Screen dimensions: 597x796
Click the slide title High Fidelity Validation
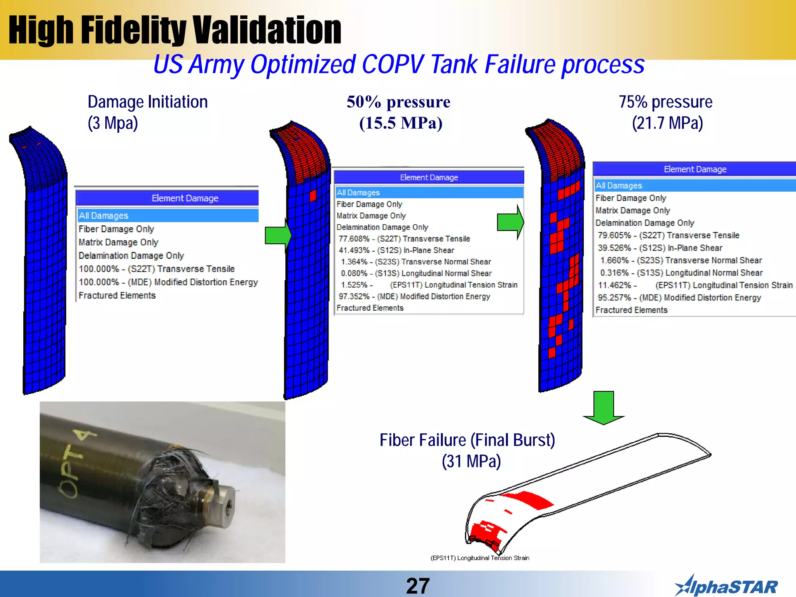pos(175,30)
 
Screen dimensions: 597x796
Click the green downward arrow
pos(604,408)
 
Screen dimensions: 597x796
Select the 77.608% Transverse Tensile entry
pos(404,239)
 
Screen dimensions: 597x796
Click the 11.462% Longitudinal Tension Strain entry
pos(695,285)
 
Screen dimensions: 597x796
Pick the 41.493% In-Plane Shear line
pos(396,250)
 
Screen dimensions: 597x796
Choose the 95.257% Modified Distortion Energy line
pos(679,298)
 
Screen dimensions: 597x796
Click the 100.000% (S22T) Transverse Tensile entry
pos(157,269)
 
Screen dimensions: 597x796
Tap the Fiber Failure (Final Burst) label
pos(467,440)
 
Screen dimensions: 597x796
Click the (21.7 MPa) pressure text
pos(667,123)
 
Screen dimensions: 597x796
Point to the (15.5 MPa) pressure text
pos(401,123)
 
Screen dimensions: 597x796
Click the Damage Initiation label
pos(148,102)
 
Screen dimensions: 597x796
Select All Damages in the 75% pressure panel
pos(619,186)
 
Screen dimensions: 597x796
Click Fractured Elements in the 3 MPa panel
pos(117,295)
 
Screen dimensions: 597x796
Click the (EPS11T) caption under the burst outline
pos(480,558)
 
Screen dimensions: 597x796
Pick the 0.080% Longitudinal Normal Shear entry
pos(416,273)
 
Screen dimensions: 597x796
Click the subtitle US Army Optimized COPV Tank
pos(399,65)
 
